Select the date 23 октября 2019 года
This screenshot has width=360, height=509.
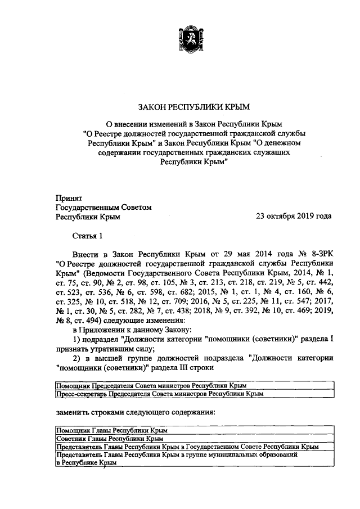pyautogui.click(x=294, y=216)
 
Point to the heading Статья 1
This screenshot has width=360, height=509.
pyautogui.click(x=87, y=235)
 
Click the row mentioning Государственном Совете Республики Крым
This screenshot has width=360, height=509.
pyautogui.click(x=187, y=445)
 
